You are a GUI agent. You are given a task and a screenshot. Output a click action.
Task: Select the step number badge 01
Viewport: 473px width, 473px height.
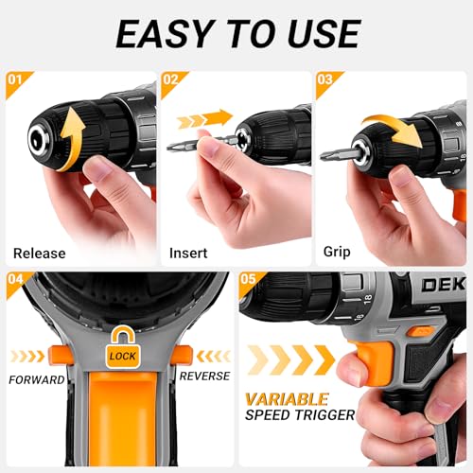[16, 80]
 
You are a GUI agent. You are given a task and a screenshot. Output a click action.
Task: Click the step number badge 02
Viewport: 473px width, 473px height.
[172, 80]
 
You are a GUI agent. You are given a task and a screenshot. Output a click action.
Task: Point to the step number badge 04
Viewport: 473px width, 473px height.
[16, 281]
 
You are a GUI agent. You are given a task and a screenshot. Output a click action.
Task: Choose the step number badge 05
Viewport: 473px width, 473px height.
[249, 281]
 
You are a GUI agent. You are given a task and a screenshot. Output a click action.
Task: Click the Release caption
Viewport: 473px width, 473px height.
[40, 254]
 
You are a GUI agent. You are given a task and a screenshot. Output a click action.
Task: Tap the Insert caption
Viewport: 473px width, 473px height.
[188, 254]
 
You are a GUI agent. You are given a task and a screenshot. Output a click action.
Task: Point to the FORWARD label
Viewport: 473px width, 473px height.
[38, 379]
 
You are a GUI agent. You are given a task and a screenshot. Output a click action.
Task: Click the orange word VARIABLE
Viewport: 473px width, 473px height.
[288, 398]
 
